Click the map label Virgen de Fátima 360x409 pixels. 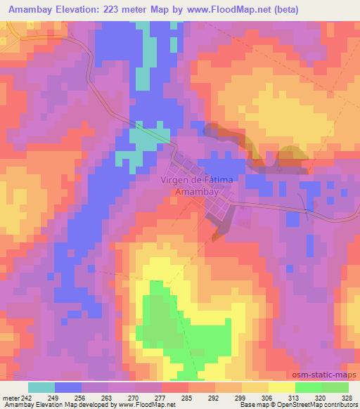(198, 179)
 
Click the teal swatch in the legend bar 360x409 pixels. (41, 387)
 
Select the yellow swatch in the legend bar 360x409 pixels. (281, 387)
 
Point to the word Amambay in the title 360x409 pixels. (28, 10)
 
